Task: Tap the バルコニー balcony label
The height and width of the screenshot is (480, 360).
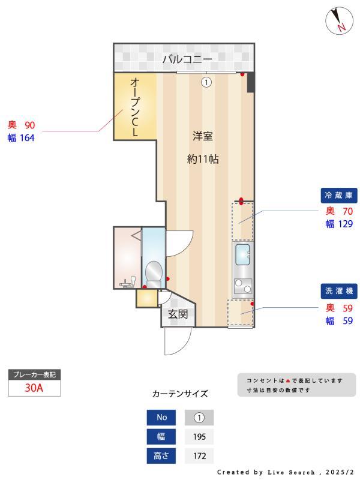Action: [187, 59]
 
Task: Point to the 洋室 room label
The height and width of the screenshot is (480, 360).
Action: [202, 136]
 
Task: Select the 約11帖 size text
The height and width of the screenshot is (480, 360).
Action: [202, 160]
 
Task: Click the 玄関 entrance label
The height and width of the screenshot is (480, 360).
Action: [178, 314]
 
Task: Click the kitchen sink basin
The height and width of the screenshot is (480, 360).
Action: [243, 254]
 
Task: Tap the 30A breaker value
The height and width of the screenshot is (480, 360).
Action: [34, 388]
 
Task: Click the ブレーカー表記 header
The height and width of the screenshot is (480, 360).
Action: [34, 374]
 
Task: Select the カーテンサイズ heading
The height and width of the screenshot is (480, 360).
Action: [180, 394]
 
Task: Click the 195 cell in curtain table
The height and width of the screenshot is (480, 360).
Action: [199, 437]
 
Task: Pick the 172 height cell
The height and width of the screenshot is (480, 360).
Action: [199, 456]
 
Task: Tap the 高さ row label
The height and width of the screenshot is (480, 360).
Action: [161, 456]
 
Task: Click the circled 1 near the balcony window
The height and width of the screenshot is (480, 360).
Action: [206, 83]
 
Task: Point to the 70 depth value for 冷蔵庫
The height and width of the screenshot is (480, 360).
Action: [347, 211]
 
